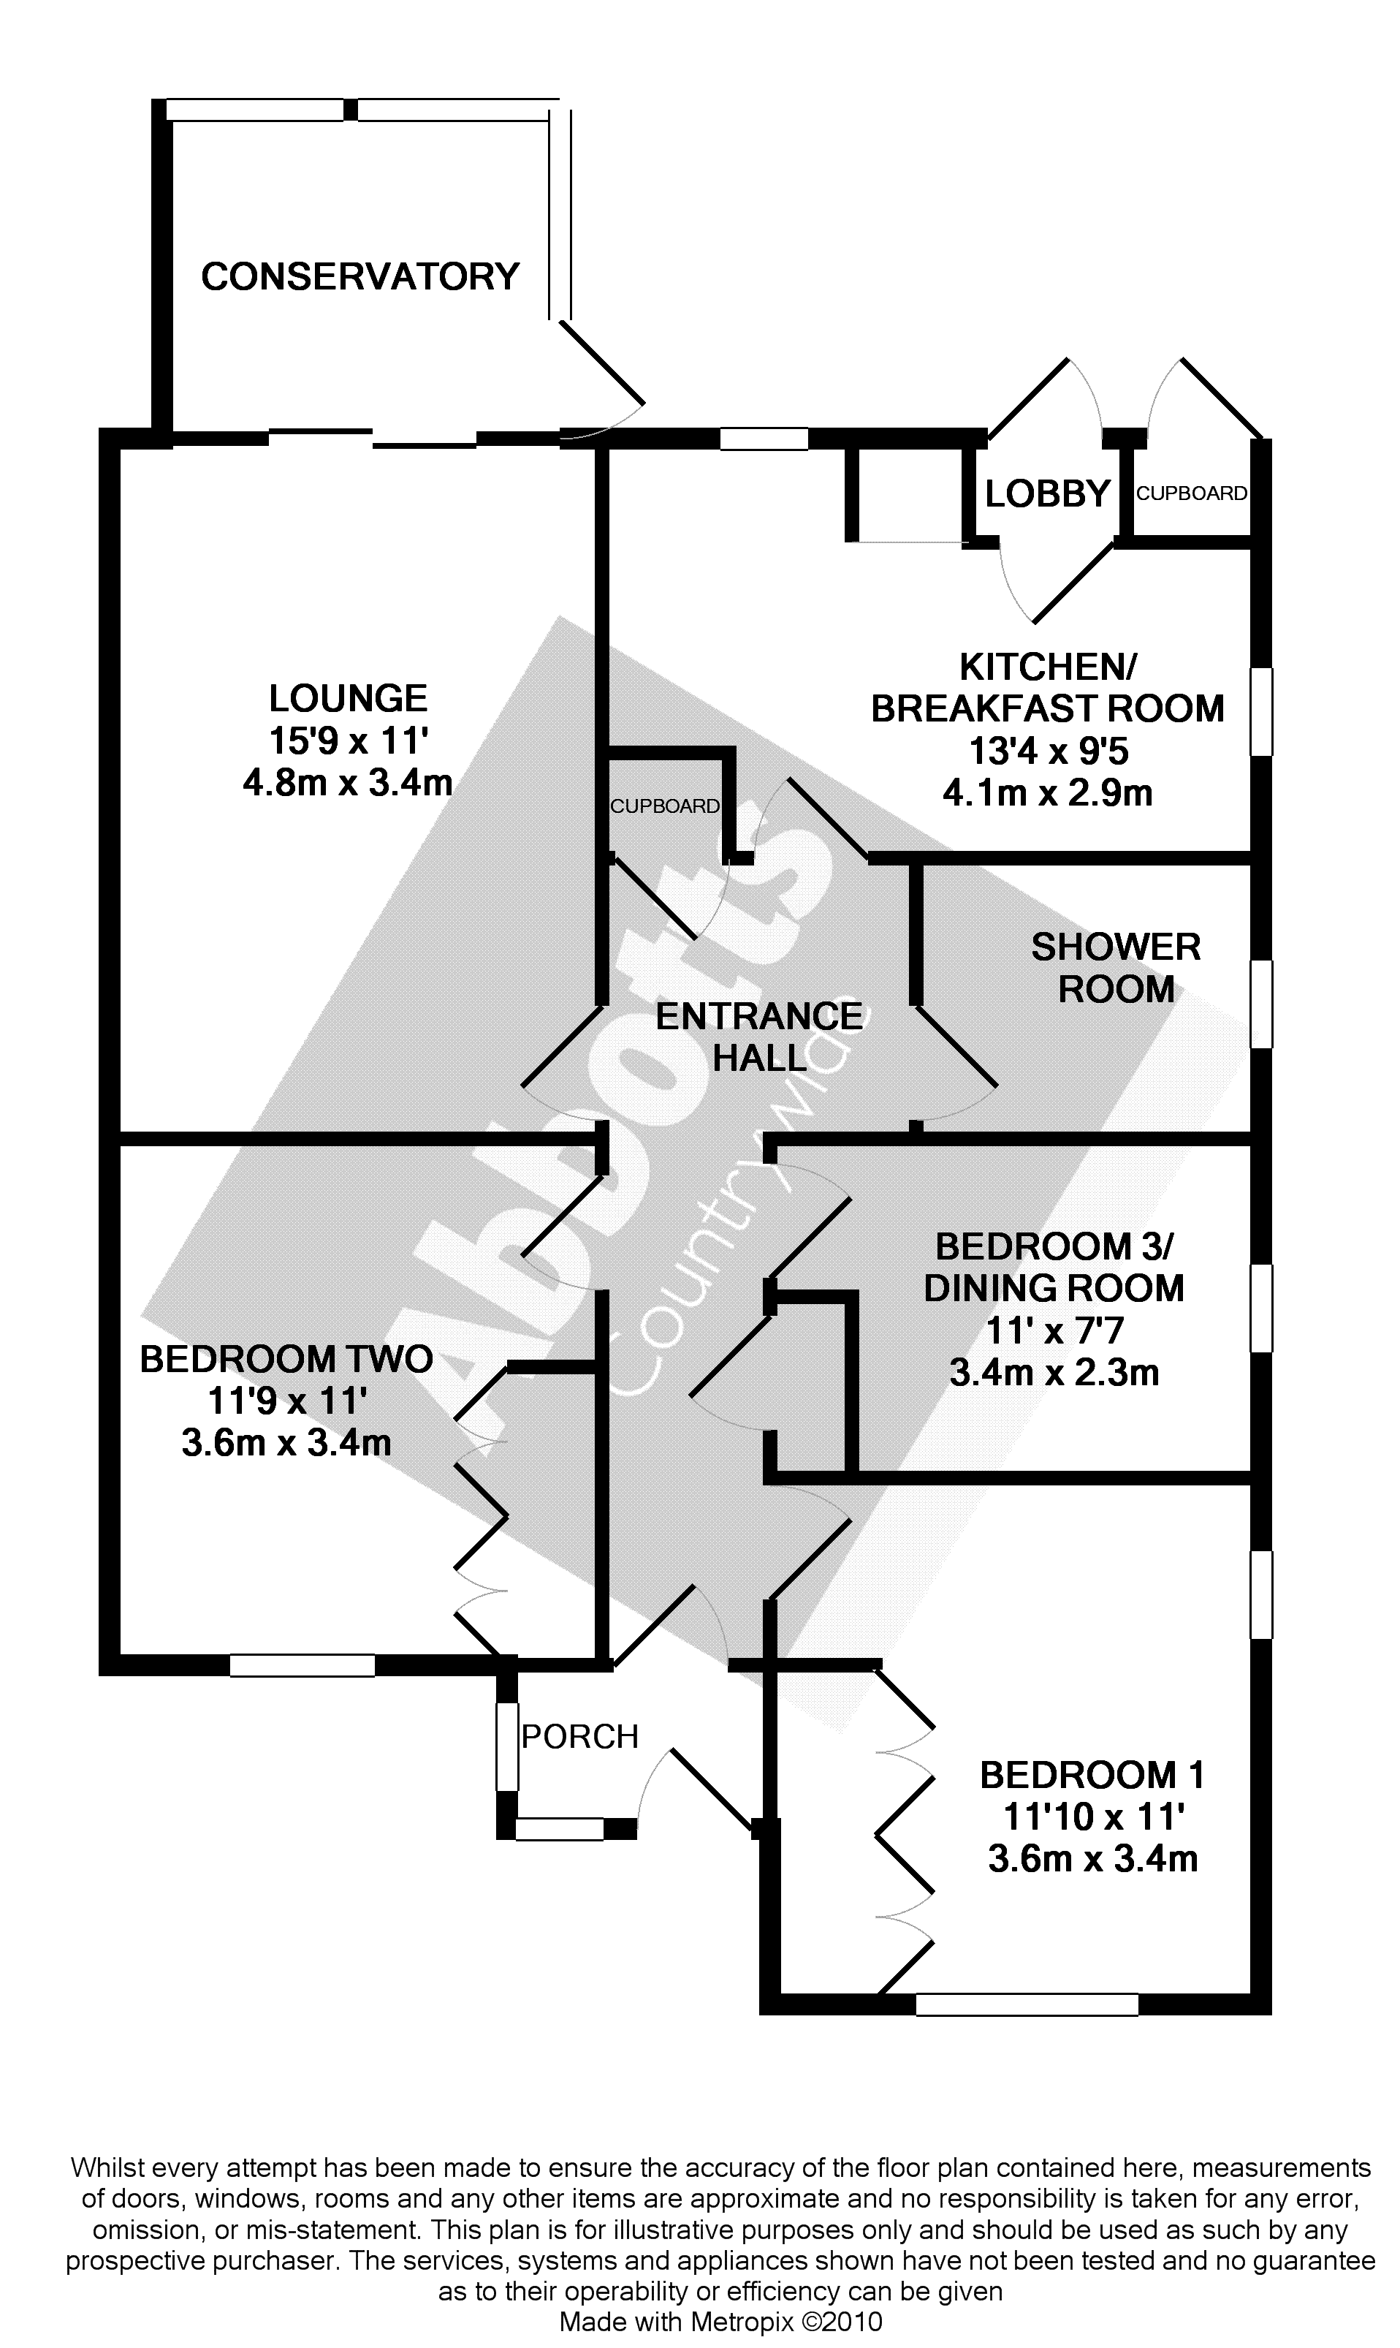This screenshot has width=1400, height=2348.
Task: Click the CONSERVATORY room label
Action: tap(360, 276)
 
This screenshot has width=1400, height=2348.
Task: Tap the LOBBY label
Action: tap(1047, 493)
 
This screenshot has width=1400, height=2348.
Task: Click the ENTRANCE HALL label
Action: tap(759, 1037)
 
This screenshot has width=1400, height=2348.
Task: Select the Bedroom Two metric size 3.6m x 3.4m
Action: tap(286, 1443)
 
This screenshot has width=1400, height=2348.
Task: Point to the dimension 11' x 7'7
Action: tap(1054, 1330)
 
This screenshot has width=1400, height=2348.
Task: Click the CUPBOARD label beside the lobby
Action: tap(1192, 493)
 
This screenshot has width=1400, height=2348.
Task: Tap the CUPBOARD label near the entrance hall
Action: tap(665, 806)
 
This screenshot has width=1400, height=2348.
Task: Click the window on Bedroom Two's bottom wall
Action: tap(302, 1666)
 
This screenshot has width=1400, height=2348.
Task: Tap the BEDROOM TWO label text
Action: tap(286, 1359)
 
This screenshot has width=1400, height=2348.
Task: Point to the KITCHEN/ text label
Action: tap(1048, 667)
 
